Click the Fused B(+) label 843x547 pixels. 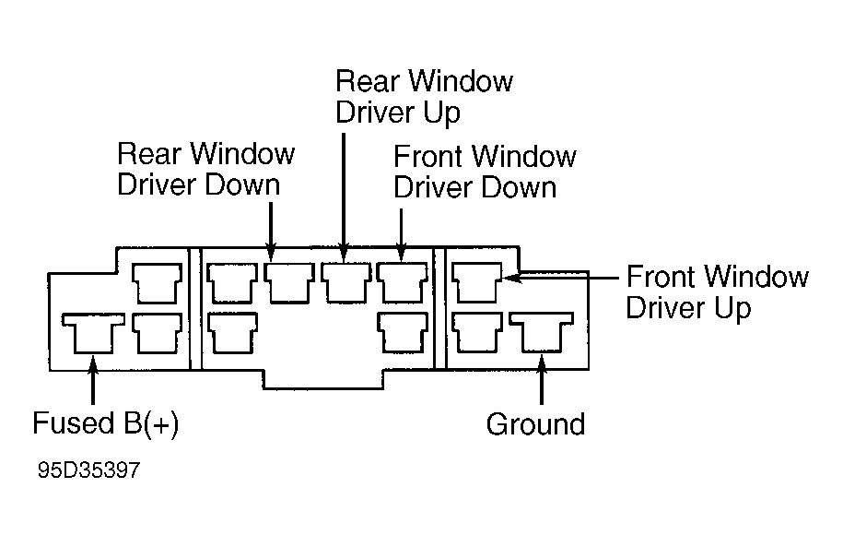pyautogui.click(x=105, y=424)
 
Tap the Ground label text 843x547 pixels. pyautogui.click(x=535, y=424)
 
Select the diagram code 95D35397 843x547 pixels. pyautogui.click(x=88, y=470)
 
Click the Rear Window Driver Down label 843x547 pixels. pyautogui.click(x=205, y=170)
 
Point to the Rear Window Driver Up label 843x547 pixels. pyautogui.click(x=424, y=97)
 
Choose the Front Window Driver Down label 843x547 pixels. pyautogui.click(x=485, y=172)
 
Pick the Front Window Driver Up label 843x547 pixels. pyautogui.click(x=717, y=292)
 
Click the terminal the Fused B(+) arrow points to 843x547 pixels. pyautogui.click(x=93, y=333)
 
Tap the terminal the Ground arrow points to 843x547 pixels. pyautogui.click(x=542, y=332)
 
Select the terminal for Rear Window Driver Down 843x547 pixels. pyautogui.click(x=289, y=282)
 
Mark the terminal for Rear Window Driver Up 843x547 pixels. pyautogui.click(x=346, y=282)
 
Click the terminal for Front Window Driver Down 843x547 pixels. pyautogui.click(x=403, y=282)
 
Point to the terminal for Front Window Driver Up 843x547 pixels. pyautogui.click(x=477, y=282)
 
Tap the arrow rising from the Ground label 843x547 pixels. pyautogui.click(x=542, y=379)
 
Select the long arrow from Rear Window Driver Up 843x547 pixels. pyautogui.click(x=344, y=197)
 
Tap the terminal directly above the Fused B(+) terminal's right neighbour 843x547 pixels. pyautogui.click(x=157, y=283)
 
